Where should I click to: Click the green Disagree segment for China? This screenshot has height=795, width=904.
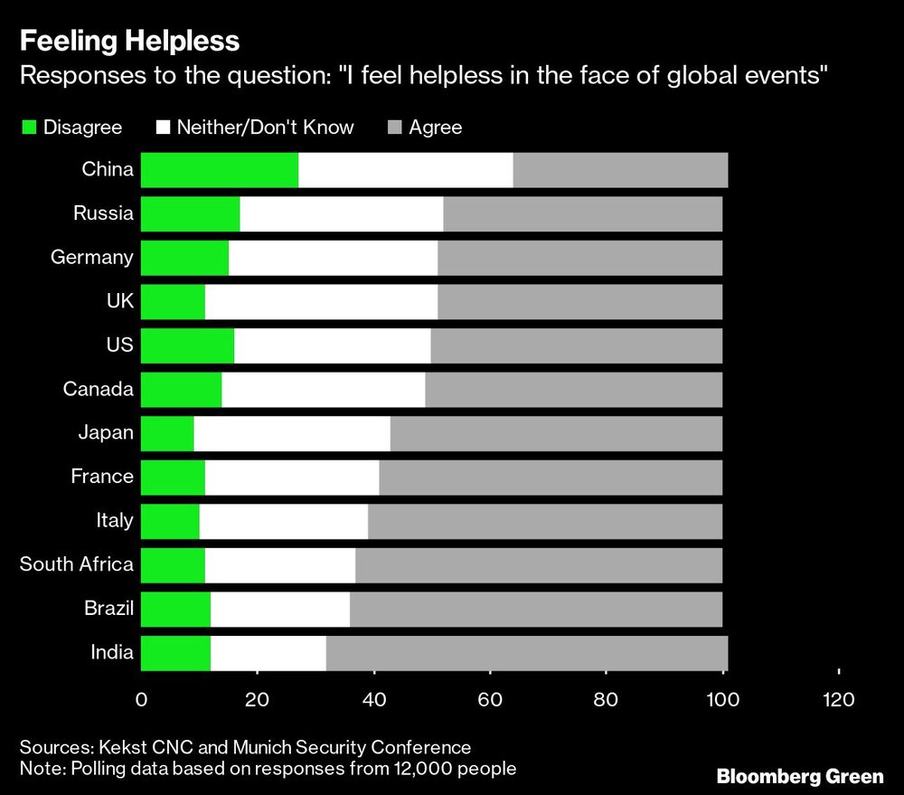tap(220, 171)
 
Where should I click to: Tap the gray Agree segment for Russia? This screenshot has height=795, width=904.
tap(583, 214)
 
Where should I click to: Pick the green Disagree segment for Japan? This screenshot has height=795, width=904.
tap(167, 432)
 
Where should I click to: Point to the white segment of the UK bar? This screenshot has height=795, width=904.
tap(321, 301)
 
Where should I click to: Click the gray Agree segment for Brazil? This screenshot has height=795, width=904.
tap(536, 609)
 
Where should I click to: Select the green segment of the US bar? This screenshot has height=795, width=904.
tap(187, 345)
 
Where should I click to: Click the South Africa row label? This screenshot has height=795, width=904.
tap(77, 564)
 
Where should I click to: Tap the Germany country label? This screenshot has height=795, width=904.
tap(91, 257)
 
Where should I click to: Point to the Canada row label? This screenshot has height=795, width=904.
tap(99, 389)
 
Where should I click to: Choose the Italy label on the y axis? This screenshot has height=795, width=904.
tap(114, 520)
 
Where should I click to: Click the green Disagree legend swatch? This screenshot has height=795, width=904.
tap(29, 128)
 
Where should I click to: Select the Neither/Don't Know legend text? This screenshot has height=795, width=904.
tap(265, 128)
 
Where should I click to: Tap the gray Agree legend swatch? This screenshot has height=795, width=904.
tap(392, 128)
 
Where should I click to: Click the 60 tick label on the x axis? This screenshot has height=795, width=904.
tap(490, 699)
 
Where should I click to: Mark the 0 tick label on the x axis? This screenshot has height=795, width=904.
tap(141, 699)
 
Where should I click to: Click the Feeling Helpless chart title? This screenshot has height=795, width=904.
tap(129, 41)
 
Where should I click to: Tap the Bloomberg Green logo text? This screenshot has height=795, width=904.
tap(801, 775)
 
